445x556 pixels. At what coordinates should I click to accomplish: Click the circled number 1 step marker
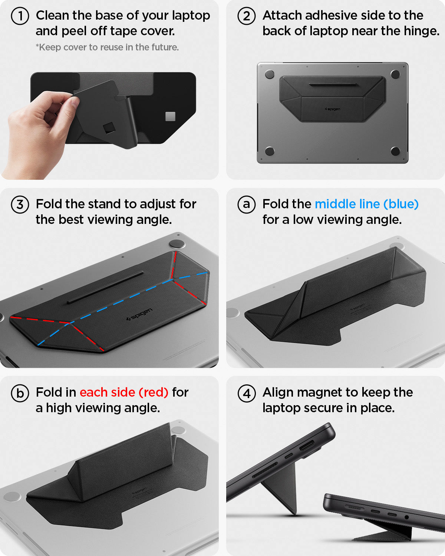20,16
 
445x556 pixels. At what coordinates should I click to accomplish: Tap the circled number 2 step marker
247,16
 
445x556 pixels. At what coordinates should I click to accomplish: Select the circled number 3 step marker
20,205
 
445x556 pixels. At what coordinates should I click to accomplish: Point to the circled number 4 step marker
247,393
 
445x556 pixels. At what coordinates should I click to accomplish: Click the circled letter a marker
247,205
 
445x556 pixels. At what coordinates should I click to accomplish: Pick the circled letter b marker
20,393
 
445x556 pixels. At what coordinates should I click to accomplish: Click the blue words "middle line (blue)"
366,204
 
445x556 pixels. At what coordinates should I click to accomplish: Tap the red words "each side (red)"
124,393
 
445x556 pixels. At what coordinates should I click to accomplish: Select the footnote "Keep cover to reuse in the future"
107,47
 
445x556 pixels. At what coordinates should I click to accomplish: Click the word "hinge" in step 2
421,31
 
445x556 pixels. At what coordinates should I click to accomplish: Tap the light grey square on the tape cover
170,116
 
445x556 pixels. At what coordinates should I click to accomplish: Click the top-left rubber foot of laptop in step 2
270,74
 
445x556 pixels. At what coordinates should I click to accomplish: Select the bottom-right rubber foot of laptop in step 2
395,151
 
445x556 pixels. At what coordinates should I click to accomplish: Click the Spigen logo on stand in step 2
332,109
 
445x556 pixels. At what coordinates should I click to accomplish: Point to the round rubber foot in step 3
177,244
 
